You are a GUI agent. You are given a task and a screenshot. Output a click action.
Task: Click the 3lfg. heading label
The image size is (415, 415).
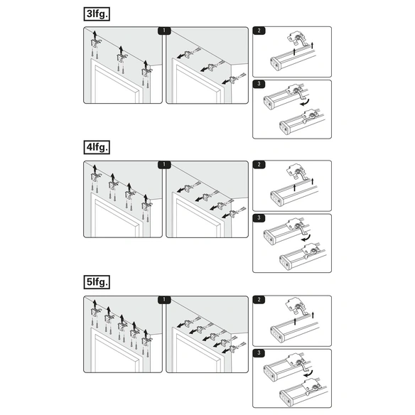click(97, 14)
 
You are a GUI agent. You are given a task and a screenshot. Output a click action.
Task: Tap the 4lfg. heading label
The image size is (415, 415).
click(97, 147)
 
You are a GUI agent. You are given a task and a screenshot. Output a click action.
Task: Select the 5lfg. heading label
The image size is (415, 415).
click(97, 282)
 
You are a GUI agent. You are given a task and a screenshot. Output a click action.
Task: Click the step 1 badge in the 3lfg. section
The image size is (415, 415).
click(164, 31)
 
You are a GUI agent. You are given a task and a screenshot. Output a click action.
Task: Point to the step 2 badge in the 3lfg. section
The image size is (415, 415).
click(259, 31)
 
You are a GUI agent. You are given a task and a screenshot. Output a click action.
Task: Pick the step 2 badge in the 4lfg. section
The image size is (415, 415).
click(259, 164)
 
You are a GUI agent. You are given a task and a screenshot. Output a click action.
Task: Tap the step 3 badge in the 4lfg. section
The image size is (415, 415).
click(259, 218)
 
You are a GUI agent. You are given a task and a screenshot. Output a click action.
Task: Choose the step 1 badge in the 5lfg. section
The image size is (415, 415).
click(164, 300)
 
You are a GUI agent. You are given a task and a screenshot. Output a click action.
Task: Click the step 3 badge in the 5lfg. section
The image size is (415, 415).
click(259, 353)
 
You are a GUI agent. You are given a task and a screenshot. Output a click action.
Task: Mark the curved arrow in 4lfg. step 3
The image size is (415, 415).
click(307, 237)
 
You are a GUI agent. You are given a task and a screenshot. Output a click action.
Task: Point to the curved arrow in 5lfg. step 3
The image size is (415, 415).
click(309, 373)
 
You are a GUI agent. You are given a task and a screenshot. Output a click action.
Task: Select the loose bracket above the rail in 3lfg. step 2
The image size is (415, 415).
click(298, 39)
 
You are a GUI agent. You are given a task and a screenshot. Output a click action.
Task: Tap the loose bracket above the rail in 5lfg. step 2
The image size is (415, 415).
click(298, 308)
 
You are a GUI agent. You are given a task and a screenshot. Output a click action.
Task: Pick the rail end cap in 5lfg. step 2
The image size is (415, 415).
click(276, 335)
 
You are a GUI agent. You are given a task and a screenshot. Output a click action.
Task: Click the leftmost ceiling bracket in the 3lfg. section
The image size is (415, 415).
click(95, 43)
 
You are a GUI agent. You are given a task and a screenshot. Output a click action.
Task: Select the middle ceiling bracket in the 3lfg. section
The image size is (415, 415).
click(122, 58)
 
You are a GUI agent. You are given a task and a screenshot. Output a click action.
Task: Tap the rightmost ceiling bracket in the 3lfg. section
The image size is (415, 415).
click(146, 72)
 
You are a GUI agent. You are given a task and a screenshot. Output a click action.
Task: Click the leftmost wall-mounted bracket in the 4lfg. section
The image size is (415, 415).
click(188, 188)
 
